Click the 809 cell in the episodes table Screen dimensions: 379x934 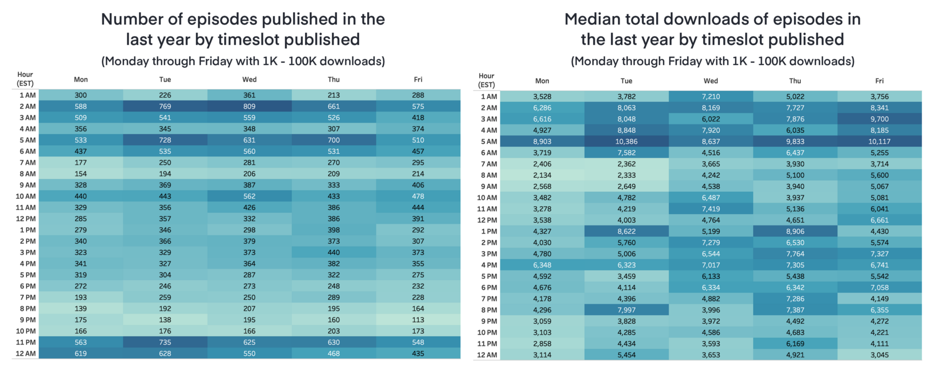click(x=249, y=106)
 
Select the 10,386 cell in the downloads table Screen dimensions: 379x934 click(x=626, y=141)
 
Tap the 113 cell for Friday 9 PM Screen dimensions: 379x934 click(x=418, y=320)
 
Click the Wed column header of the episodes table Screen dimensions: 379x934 click(x=249, y=79)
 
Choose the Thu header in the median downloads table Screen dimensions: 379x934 click(x=795, y=81)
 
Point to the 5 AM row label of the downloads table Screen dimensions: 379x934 click(x=488, y=141)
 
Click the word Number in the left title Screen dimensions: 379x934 click(x=131, y=19)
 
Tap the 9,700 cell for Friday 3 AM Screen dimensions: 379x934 click(x=879, y=119)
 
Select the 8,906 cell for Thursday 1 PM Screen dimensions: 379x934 click(x=795, y=231)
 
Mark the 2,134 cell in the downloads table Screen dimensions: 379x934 click(x=542, y=175)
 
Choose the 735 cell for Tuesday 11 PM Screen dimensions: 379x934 click(x=165, y=342)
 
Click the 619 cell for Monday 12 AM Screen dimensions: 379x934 click(x=81, y=353)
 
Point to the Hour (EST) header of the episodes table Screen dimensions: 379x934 click(x=25, y=79)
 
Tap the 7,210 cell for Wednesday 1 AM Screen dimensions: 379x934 click(x=711, y=97)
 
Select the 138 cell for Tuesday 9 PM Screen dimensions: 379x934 click(x=165, y=320)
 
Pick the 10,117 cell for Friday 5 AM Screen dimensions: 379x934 click(x=879, y=141)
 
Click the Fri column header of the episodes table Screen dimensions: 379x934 click(x=418, y=79)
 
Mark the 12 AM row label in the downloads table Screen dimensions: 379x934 click(x=487, y=355)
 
